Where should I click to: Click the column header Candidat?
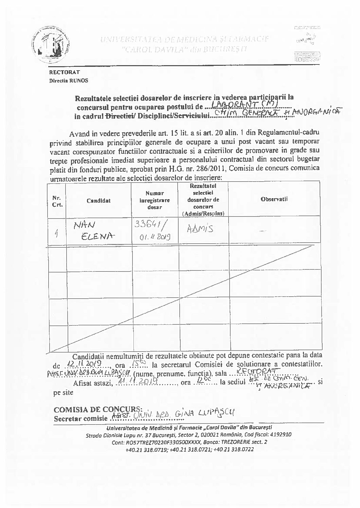pyautogui.click(x=98, y=201)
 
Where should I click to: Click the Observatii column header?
pyautogui.click(x=274, y=199)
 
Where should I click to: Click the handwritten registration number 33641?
pyautogui.click(x=149, y=225)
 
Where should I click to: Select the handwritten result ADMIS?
pyautogui.click(x=200, y=229)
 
